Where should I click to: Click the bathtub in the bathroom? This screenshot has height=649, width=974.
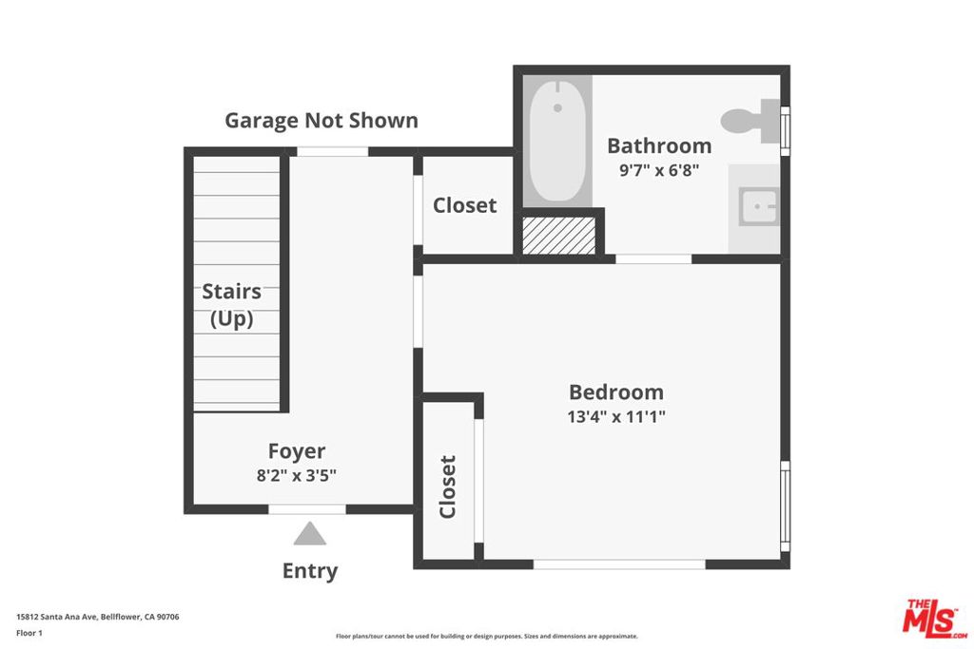557,141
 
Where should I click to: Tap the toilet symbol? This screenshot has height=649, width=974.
751,121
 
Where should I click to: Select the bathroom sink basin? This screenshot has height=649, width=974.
758,206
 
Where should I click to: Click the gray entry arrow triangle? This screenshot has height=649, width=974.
310,533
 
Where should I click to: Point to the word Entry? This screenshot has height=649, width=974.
310,571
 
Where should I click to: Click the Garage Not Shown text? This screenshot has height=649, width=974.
321,121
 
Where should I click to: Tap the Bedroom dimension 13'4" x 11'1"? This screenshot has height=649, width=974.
616,416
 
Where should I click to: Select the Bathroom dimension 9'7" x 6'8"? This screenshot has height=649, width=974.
659,170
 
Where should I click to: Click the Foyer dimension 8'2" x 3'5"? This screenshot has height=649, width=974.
297,475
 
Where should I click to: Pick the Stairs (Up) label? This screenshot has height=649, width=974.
232,305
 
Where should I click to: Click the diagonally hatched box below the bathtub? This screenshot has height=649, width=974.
559,235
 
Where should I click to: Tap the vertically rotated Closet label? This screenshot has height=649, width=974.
448,487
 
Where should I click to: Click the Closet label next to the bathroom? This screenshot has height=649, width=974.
464,205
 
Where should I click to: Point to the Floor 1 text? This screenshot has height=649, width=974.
29,633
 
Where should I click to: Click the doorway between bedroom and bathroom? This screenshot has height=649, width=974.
653,258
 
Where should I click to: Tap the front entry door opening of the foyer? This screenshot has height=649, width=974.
307,509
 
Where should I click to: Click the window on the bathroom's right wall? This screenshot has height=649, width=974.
785,131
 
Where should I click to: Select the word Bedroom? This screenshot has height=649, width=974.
616,392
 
